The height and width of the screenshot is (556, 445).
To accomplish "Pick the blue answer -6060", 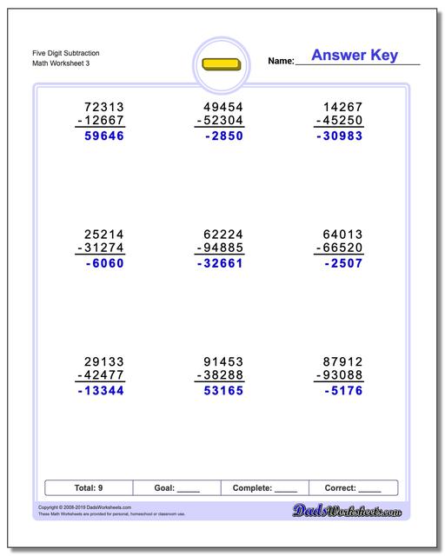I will click(105, 263).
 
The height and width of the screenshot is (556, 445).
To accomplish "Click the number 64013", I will click(341, 234).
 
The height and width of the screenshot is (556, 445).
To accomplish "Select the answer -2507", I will click(342, 263).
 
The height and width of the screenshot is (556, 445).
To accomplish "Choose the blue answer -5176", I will click(342, 391).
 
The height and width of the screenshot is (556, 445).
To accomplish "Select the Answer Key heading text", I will click(355, 56).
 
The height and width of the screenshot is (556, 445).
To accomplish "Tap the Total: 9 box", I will click(88, 488).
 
